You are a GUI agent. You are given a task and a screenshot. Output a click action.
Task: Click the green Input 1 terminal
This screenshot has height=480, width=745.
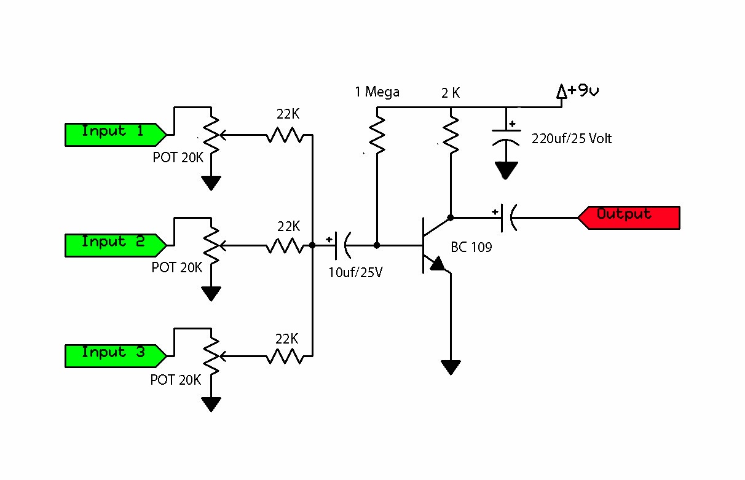[x=114, y=133]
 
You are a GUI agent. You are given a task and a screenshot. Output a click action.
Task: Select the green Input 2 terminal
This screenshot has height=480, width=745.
[x=114, y=244]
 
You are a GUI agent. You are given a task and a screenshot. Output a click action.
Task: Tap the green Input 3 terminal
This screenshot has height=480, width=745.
[x=114, y=355]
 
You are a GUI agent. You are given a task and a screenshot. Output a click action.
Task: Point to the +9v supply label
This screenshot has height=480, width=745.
[x=578, y=92]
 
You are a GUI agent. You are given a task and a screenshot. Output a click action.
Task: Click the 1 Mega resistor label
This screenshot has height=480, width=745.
[x=377, y=92]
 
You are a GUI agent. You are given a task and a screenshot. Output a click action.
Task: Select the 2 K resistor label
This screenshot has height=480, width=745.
[x=450, y=93]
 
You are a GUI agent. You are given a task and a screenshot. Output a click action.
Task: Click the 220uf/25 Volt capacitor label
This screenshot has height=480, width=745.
[x=572, y=139]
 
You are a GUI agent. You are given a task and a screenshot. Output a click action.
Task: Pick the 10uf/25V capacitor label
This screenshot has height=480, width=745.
[x=355, y=272]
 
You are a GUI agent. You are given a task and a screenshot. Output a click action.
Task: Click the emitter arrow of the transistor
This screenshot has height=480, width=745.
[x=437, y=264]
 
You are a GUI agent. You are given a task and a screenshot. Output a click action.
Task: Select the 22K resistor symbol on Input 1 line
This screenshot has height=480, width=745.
[x=285, y=135]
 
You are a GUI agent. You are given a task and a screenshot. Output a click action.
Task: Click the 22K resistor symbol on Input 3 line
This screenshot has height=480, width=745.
[x=285, y=356]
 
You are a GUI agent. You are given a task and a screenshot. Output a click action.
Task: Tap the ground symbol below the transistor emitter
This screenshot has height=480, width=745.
[x=451, y=367]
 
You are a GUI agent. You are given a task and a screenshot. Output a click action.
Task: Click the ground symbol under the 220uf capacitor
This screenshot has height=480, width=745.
[x=506, y=170]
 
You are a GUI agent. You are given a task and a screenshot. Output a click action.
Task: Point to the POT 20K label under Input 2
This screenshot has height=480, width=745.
[x=176, y=268]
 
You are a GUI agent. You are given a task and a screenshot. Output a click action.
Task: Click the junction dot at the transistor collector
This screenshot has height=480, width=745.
[x=451, y=217]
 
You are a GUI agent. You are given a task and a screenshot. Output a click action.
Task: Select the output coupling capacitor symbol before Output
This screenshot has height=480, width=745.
[x=508, y=218]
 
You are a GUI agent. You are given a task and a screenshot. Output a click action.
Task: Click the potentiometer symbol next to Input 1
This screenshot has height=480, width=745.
[x=211, y=135]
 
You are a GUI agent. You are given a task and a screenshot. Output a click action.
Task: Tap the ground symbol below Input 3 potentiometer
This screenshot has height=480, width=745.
[x=211, y=404]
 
